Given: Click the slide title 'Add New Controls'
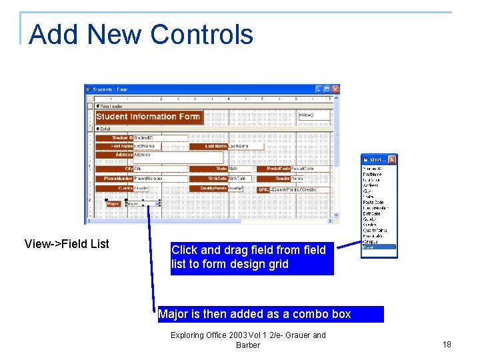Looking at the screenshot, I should coord(141,34).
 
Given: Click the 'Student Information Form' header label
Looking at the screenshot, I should coord(148,117).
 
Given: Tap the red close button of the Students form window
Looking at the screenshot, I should coord(336,89).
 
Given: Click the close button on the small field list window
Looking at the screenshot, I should coord(392,160).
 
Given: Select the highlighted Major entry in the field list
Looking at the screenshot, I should coord(379,247).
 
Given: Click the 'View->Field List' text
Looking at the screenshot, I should coord(67,244).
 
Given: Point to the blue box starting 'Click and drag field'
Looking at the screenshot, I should coord(252,257).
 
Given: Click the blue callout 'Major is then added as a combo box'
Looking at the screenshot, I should coord(271,314).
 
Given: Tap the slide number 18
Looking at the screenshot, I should coord(447,345).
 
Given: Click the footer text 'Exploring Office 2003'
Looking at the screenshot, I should coord(248,335).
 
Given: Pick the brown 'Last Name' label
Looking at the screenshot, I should coord(209,146).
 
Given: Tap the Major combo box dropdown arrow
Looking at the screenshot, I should coord(157,204).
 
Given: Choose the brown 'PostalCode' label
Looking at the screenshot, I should coord(273,169).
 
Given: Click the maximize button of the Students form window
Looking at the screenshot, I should coord(327,89).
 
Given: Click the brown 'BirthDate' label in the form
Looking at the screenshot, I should coord(209,179).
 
